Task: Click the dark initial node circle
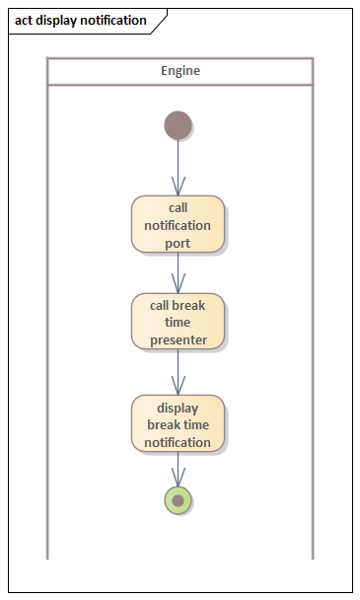pyautogui.click(x=178, y=125)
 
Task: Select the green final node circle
pyautogui.click(x=178, y=500)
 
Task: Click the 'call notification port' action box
pyautogui.click(x=178, y=224)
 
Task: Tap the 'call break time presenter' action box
pyautogui.click(x=178, y=322)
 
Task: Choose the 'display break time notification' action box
pyautogui.click(x=178, y=424)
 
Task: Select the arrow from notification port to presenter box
pyautogui.click(x=178, y=272)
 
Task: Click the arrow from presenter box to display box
pyautogui.click(x=178, y=372)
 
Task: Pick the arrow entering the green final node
pyautogui.click(x=178, y=470)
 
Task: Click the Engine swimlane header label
pyautogui.click(x=180, y=71)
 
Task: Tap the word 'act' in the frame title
pyautogui.click(x=25, y=20)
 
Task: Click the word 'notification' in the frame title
pyautogui.click(x=112, y=20)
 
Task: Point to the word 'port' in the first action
pyautogui.click(x=178, y=242)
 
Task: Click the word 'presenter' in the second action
pyautogui.click(x=179, y=339)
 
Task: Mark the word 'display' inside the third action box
pyautogui.click(x=178, y=408)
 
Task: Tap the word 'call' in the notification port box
pyautogui.click(x=178, y=207)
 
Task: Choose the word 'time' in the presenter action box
pyautogui.click(x=179, y=323)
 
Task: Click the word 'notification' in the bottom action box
pyautogui.click(x=178, y=442)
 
